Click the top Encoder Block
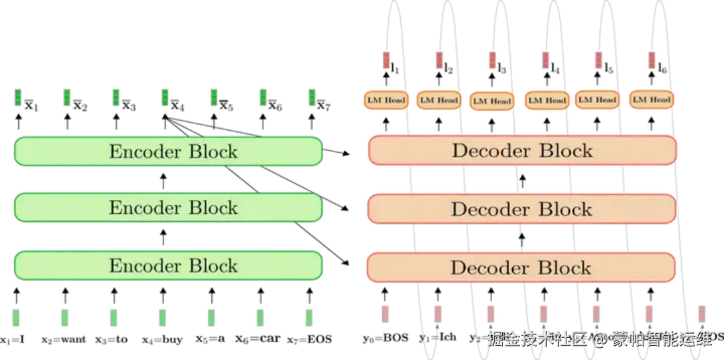click(x=168, y=151)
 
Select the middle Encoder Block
click(x=168, y=208)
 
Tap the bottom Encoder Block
click(x=168, y=266)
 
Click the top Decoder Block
click(x=522, y=150)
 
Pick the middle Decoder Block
click(x=522, y=209)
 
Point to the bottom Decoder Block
click(x=520, y=268)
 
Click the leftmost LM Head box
click(x=385, y=101)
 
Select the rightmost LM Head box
click(x=652, y=100)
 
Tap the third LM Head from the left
click(x=491, y=101)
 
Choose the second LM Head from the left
click(x=438, y=101)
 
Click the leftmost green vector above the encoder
click(x=17, y=97)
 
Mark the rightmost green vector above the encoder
click(x=312, y=97)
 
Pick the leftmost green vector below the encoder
click(x=16, y=316)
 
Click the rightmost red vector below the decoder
click(x=701, y=312)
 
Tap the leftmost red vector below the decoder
click(x=385, y=313)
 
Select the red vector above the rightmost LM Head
click(x=650, y=60)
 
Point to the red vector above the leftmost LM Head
click(x=386, y=60)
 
